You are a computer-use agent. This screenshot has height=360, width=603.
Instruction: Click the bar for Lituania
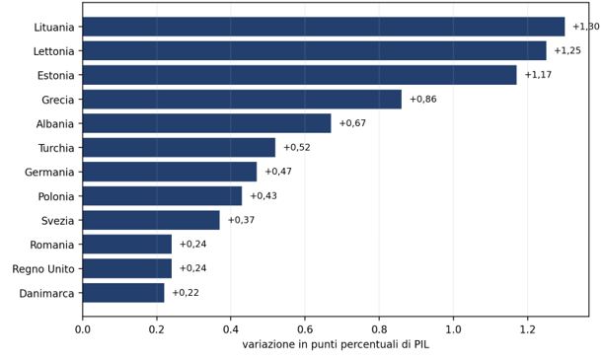(324, 27)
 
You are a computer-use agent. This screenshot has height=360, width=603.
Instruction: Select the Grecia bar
(242, 100)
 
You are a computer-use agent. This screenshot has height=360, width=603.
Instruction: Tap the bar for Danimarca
(123, 293)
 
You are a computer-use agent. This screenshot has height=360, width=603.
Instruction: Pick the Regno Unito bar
(127, 268)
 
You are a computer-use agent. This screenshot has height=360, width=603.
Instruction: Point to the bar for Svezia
(151, 220)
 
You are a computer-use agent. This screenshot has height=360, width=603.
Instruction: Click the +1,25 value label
(567, 50)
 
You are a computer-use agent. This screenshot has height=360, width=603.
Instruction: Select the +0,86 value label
(423, 100)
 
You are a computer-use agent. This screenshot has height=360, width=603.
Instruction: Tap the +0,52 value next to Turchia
(297, 148)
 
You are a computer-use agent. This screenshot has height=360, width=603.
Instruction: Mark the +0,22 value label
(186, 293)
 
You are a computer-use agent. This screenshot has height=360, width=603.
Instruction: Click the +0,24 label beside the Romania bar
(193, 244)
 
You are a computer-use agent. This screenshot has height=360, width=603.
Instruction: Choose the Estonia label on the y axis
(56, 76)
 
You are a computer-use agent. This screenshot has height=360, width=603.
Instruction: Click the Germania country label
(49, 173)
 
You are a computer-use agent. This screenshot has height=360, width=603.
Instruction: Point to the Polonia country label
(56, 196)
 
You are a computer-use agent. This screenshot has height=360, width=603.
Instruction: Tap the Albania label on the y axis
(55, 124)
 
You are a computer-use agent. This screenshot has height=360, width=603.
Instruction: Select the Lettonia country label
(54, 51)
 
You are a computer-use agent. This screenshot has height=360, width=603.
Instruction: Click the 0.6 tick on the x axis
(305, 329)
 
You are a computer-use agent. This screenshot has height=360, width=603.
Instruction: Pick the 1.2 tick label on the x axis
(527, 329)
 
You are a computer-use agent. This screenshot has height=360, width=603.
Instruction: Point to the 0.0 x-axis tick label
(82, 329)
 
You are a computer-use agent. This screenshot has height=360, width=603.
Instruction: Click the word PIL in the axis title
(421, 344)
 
